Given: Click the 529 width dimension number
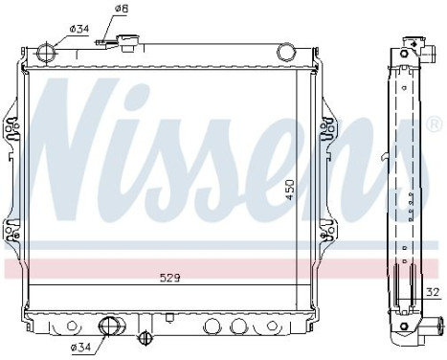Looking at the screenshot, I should [x=170, y=278].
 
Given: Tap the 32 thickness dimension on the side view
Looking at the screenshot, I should [x=433, y=291].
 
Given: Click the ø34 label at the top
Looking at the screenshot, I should [x=80, y=30].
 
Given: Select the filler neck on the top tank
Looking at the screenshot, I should [x=123, y=44].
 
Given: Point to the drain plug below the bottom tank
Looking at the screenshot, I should [x=145, y=337].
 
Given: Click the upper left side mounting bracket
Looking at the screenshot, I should [x=11, y=128].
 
